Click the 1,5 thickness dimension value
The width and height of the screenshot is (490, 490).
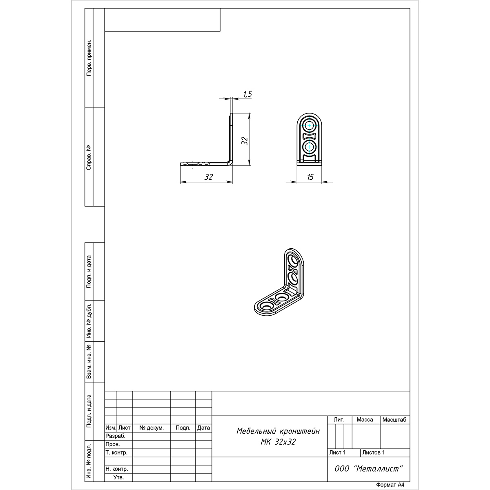click(x=247, y=94)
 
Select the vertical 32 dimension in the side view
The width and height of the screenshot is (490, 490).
click(x=244, y=140)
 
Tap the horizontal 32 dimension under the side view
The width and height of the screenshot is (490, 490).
click(x=209, y=177)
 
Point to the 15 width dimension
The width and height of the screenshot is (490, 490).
click(x=310, y=177)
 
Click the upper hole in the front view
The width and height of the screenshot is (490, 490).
click(x=309, y=126)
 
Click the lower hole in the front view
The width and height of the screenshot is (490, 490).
click(x=309, y=147)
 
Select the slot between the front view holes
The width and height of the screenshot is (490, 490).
click(x=309, y=136)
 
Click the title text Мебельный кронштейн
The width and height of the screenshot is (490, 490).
click(x=278, y=431)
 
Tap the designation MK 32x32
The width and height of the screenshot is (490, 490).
click(x=278, y=442)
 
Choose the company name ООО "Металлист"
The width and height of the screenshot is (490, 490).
click(x=369, y=468)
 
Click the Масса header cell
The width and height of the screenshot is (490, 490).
click(x=365, y=420)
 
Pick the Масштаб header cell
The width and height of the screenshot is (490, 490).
click(x=394, y=420)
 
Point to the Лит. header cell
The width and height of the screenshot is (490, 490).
click(x=339, y=420)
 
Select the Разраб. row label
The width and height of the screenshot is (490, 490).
click(x=115, y=436)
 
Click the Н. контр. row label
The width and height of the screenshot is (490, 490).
click(x=116, y=469)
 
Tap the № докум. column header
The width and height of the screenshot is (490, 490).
click(x=151, y=428)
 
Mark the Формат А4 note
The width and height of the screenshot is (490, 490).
click(x=390, y=485)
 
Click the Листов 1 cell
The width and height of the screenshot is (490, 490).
click(x=373, y=452)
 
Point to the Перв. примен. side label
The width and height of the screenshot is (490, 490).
click(x=89, y=58)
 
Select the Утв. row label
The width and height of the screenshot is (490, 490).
click(x=118, y=477)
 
